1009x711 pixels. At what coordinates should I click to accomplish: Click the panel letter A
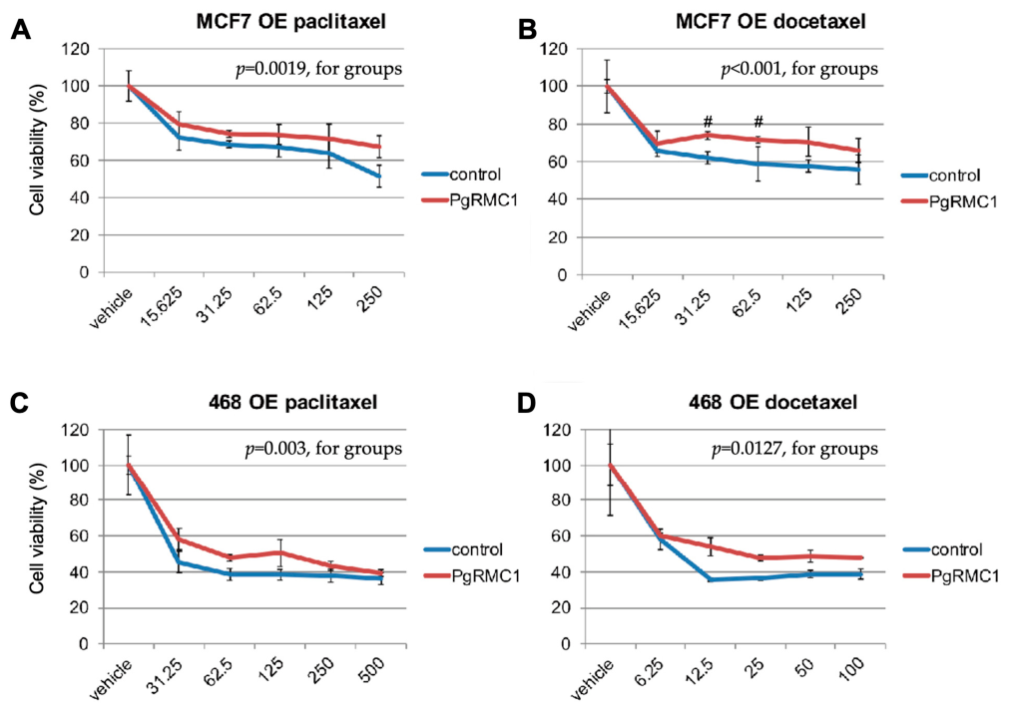point(20,30)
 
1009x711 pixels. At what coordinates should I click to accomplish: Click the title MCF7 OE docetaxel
point(770,21)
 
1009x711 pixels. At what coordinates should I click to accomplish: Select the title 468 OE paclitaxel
point(292,403)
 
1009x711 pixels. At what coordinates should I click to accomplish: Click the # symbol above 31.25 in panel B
point(708,122)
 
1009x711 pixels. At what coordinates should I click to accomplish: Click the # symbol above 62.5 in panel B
point(758,122)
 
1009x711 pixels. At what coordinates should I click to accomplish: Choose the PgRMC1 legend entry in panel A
point(470,201)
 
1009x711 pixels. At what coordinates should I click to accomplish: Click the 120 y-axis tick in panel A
point(76,49)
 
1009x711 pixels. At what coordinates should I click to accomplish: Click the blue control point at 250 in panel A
point(379,177)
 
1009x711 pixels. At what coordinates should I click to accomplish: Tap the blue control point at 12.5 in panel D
point(711,579)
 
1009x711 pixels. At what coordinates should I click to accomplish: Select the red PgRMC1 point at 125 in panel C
point(279,552)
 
